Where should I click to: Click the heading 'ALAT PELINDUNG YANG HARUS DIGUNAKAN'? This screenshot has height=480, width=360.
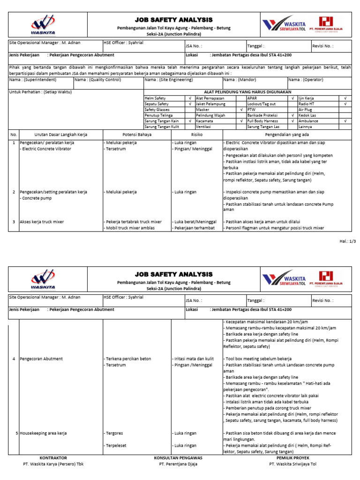click(x=247, y=92)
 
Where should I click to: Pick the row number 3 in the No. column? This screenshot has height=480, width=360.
click(x=14, y=221)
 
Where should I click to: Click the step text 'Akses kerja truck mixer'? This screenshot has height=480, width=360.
click(x=42, y=221)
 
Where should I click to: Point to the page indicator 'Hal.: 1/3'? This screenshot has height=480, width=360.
click(x=347, y=241)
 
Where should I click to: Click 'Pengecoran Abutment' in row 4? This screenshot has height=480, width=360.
click(x=41, y=359)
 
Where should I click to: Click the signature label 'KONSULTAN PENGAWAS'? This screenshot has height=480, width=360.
click(x=178, y=457)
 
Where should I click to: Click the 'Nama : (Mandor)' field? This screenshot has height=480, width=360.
click(x=240, y=80)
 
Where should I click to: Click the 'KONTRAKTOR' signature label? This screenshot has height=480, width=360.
click(x=53, y=457)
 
